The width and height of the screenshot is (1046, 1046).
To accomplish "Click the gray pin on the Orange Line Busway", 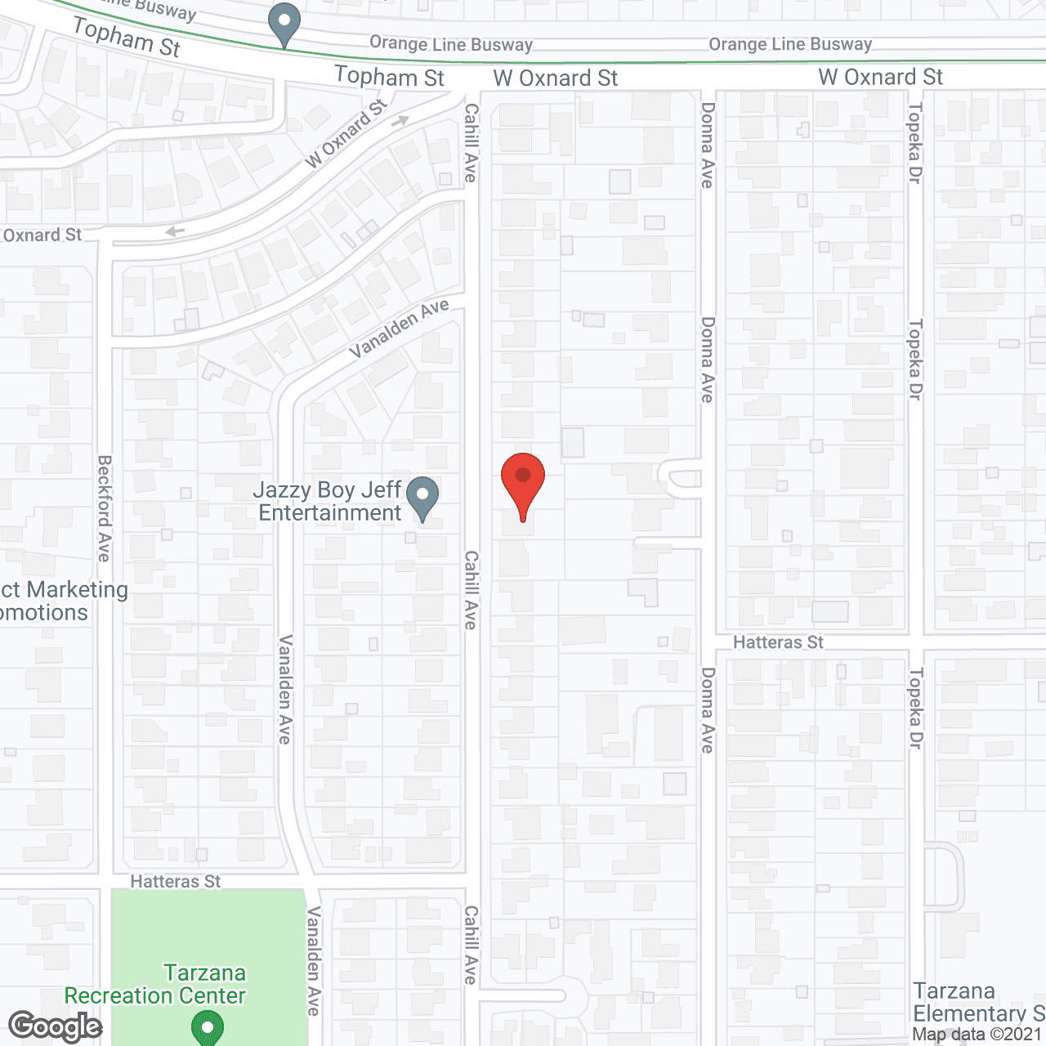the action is click(284, 24).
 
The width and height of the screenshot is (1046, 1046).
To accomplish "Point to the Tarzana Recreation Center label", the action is click(155, 984).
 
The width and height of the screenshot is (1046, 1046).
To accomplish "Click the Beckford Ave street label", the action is click(105, 508).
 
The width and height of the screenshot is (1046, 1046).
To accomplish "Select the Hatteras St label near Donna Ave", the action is click(778, 642).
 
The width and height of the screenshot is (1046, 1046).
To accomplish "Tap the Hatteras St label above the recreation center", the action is click(176, 882).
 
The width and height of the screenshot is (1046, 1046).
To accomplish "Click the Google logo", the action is click(56, 1026).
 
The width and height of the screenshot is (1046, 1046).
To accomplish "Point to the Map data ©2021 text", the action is click(977, 1035).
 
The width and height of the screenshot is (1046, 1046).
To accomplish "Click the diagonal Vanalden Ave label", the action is click(400, 328).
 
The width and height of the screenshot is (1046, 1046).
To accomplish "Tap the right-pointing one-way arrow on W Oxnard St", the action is click(400, 122).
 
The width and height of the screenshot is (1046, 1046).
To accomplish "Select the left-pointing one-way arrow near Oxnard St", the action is click(174, 231).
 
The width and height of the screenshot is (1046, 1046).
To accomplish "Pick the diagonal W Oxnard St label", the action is click(346, 134).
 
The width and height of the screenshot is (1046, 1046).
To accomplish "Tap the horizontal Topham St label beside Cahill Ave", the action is click(389, 78).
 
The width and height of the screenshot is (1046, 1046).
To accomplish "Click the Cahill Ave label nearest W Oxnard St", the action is click(471, 143).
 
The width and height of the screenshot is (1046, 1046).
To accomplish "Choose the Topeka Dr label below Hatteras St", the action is click(915, 709).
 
